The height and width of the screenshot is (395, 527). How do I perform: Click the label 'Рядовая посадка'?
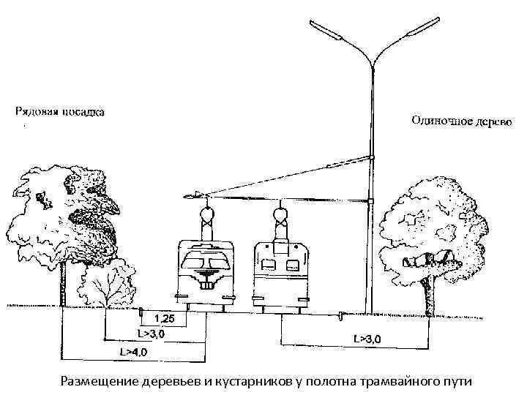pos(60,112)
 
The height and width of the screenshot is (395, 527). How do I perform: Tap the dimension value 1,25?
pos(165,319)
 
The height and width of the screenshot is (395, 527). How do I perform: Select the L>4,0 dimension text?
pos(133,352)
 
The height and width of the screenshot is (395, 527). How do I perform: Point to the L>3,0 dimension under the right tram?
pos(367,339)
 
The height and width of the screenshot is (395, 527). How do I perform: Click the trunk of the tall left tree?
pos(64,282)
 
